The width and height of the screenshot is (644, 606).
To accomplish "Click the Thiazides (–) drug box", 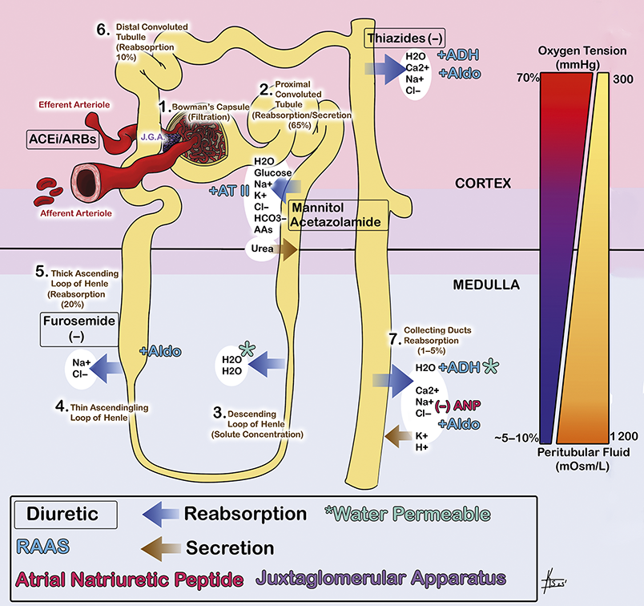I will [405, 37].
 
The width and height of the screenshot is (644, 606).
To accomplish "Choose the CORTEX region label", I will [482, 184].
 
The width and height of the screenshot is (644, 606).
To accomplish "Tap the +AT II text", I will [227, 192].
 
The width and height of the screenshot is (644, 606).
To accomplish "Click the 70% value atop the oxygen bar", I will [527, 78].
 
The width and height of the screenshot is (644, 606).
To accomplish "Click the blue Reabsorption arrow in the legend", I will [151, 513].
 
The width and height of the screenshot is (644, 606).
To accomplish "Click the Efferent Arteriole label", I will [75, 105].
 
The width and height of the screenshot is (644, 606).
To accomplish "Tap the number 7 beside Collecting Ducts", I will [393, 340].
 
